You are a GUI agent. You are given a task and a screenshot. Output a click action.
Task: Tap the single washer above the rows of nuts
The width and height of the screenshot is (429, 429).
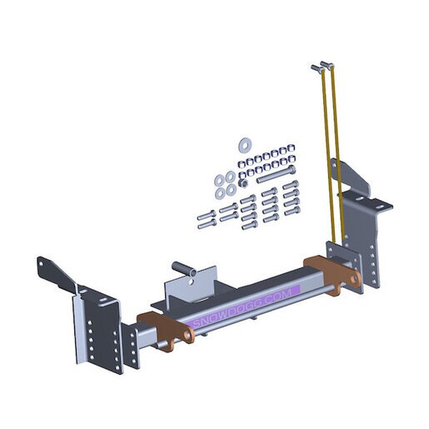(245, 145)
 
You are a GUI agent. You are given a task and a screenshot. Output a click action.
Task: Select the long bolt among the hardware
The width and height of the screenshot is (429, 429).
(276, 173)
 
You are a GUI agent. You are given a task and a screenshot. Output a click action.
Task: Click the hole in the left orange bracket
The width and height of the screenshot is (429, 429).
(189, 335)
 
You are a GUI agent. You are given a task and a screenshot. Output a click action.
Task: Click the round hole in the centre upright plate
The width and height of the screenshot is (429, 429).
(191, 282)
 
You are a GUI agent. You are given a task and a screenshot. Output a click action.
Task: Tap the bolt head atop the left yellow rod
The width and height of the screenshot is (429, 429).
(317, 67)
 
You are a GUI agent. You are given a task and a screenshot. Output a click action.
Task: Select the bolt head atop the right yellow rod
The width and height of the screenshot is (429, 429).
(327, 64)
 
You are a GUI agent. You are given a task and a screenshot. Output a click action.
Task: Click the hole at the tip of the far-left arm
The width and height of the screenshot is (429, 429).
(41, 262)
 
